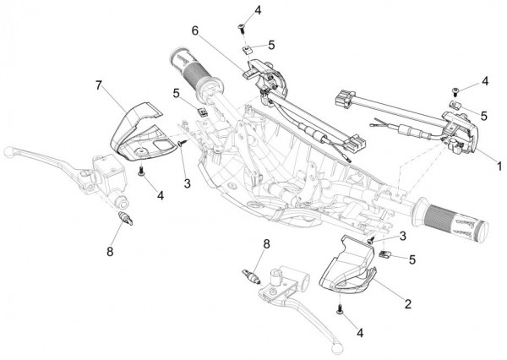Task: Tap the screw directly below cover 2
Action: pyautogui.click(x=340, y=310)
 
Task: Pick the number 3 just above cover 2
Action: pyautogui.click(x=403, y=235)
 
